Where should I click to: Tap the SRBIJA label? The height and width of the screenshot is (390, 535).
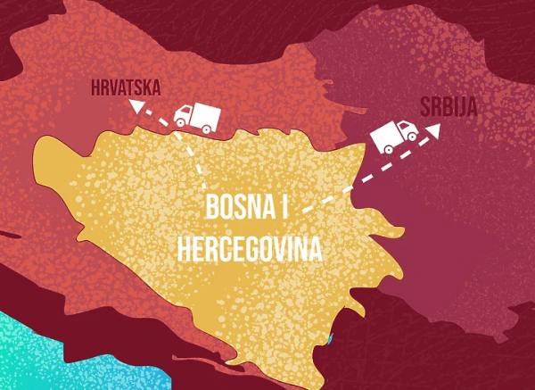point(449,107)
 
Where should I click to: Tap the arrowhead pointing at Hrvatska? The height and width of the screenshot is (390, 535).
point(136,108)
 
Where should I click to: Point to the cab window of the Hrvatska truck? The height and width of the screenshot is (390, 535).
point(183,112)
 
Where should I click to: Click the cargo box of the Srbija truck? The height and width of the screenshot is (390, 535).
point(387,135)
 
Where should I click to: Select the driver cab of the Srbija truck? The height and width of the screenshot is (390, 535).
point(409,133)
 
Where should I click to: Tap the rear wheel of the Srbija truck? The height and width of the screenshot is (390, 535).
point(387,149)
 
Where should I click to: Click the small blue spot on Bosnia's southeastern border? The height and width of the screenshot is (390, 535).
point(330,339)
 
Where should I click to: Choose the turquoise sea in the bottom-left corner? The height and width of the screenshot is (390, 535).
point(36,357)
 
